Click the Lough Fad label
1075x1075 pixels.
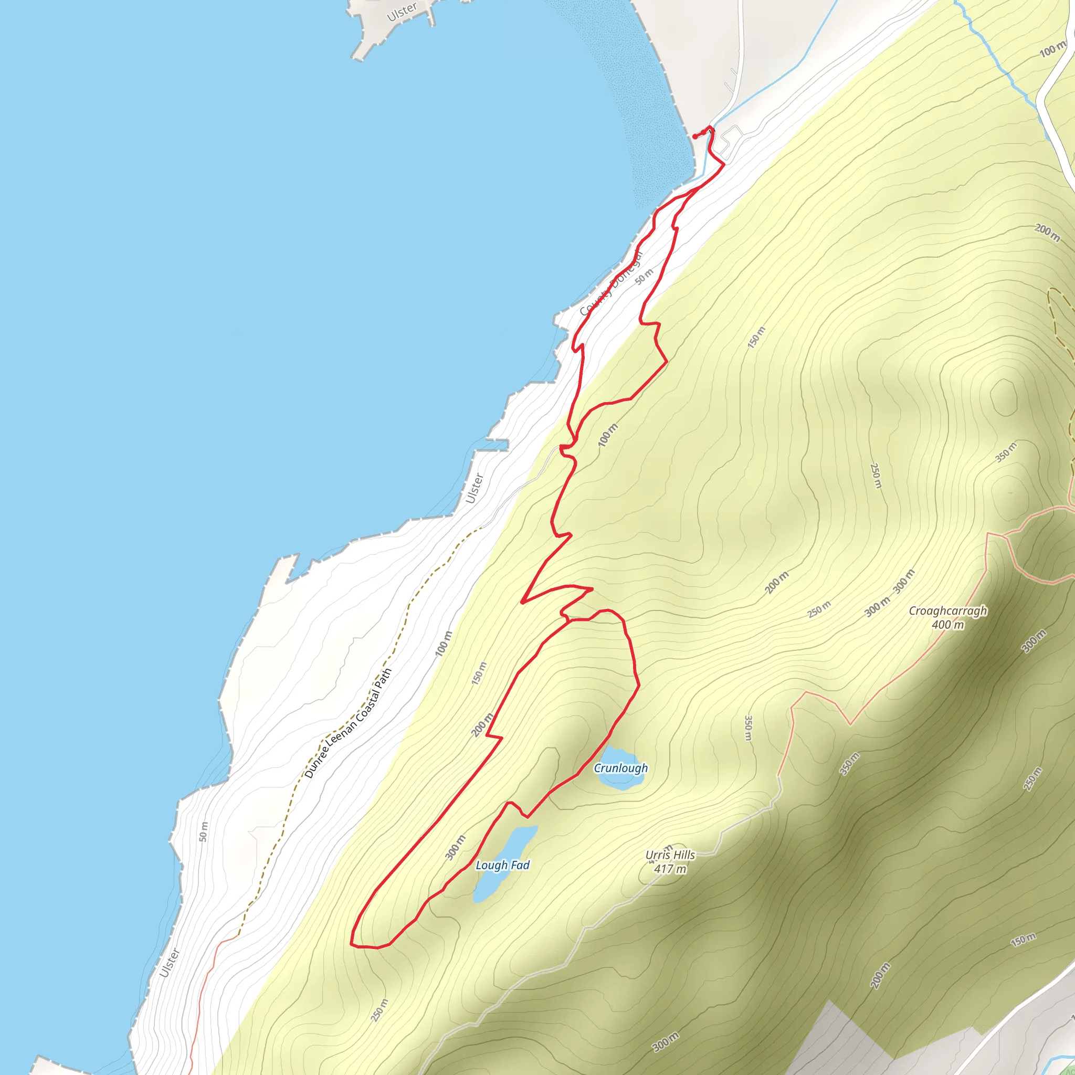coord(502,865)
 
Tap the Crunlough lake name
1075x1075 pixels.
coord(620,768)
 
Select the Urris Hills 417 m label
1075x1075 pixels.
coord(670,862)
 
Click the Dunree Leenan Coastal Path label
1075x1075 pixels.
coord(349,723)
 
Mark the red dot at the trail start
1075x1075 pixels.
coord(695,136)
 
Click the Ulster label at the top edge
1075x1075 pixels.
coord(402,11)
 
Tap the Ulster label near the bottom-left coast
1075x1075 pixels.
coord(169,963)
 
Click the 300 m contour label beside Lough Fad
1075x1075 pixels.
coord(455,847)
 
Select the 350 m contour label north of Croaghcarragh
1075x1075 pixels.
coord(1006,452)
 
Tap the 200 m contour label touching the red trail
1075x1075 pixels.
coord(482,724)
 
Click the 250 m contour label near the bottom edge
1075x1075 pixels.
coord(380,1010)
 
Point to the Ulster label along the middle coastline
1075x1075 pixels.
coord(475,488)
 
